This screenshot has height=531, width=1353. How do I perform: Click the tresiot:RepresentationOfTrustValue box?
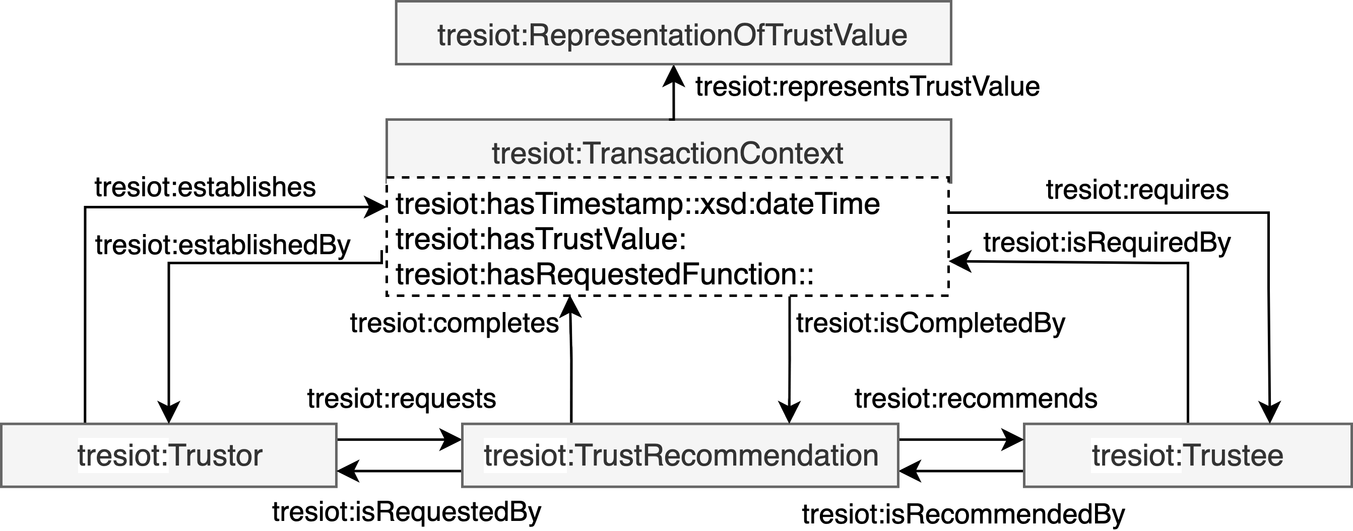point(673,34)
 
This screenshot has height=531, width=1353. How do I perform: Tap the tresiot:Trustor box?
point(169,455)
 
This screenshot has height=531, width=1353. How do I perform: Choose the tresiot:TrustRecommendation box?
point(680,455)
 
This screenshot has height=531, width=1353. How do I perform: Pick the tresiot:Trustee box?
point(1188,455)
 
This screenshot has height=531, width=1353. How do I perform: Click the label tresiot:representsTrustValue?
point(867,87)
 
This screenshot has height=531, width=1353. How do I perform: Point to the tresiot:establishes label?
point(205,187)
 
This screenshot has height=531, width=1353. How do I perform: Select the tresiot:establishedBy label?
point(222,245)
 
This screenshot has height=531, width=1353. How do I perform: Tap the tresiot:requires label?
point(1137,189)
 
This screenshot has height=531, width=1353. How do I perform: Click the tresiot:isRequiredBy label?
point(1107,243)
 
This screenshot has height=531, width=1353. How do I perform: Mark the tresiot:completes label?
point(455,323)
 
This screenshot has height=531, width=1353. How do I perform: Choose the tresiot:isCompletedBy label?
point(931,323)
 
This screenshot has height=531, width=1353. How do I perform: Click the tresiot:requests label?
point(401,398)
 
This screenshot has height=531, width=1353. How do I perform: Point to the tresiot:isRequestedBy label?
point(407,511)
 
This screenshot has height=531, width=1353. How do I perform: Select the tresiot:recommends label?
point(976,398)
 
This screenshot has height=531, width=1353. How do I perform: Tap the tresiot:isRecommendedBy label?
point(963,514)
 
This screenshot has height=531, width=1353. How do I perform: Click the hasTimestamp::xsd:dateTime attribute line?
point(637,204)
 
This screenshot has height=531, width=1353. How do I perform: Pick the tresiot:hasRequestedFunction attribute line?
point(604,274)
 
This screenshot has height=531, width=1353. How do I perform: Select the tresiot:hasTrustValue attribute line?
point(541,239)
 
